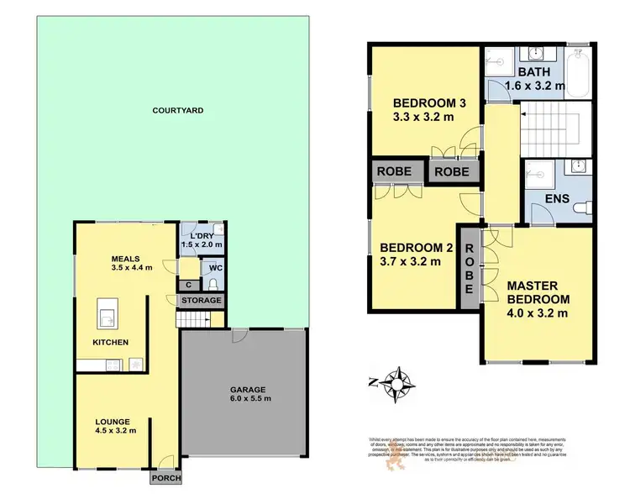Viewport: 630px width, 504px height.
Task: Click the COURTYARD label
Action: coord(177,110)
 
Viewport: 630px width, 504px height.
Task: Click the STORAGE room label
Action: coord(202,300)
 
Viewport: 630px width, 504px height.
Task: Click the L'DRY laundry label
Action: coord(202,239)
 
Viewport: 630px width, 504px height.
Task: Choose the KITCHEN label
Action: coord(110,342)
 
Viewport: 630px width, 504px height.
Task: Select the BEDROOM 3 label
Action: coord(424,110)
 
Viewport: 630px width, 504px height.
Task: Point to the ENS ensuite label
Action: coord(557,199)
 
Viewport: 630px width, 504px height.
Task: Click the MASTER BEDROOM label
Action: coord(538,300)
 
